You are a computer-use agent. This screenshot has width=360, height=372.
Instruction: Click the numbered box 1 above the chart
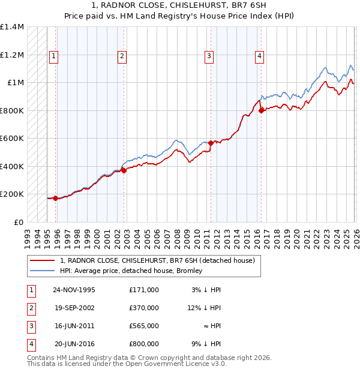pyautogui.click(x=53, y=56)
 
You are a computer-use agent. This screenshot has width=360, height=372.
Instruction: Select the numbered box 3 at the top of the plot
pyautogui.click(x=209, y=56)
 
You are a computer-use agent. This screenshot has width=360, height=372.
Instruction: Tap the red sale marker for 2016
pyautogui.click(x=261, y=110)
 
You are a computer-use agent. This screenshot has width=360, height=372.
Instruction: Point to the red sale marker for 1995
pyautogui.click(x=55, y=198)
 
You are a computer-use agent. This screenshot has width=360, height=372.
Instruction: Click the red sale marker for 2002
pyautogui.click(x=123, y=170)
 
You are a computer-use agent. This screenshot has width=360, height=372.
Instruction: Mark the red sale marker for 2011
pyautogui.click(x=211, y=143)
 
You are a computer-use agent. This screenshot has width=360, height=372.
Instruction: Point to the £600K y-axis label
pyautogui.click(x=12, y=139)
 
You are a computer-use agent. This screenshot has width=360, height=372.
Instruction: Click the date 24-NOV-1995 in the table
pyautogui.click(x=74, y=290)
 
